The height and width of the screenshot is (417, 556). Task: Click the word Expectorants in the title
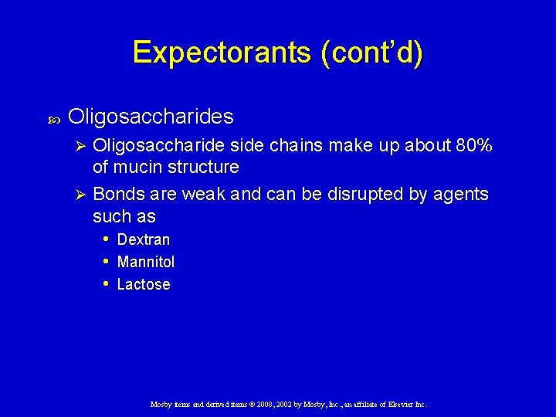coord(222,53)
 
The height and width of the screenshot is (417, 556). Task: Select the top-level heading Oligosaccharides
coord(151,117)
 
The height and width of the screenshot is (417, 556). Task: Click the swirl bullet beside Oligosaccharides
coord(54,118)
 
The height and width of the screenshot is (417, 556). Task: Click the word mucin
coord(136,167)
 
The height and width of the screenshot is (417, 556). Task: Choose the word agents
coord(461,194)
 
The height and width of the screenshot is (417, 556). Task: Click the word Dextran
coord(143,239)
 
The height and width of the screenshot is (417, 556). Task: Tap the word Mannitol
coord(145,262)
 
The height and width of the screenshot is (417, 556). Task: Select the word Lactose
coord(143,284)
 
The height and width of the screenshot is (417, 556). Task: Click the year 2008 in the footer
coord(242,404)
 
